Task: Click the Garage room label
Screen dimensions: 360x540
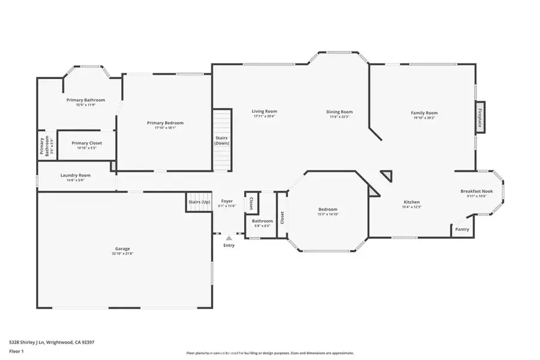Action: [x=122, y=248]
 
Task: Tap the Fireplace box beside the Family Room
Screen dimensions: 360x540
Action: [x=480, y=117]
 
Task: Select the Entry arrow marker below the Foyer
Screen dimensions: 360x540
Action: [x=229, y=238]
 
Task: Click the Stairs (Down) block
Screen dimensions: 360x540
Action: [x=222, y=140]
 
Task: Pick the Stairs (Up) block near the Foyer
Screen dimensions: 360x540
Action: [x=199, y=202]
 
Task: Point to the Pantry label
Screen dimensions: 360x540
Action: [x=462, y=229]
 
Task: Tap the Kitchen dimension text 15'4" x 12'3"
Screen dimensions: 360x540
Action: [x=412, y=207]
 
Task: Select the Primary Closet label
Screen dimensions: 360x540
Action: [x=86, y=143]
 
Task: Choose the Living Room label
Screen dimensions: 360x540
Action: [x=264, y=111]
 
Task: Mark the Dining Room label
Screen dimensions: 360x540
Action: [x=340, y=112]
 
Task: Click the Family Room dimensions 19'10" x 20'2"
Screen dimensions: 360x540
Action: [x=424, y=118]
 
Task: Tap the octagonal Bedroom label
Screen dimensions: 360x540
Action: [x=328, y=209]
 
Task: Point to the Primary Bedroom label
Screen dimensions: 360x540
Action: [x=165, y=122]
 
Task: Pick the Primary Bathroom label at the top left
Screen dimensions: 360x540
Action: [x=86, y=100]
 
